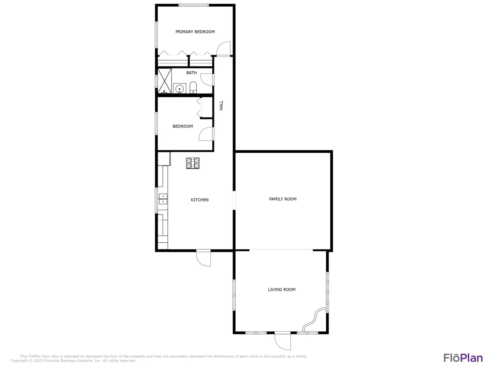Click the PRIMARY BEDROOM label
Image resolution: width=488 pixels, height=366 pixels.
[x=195, y=32]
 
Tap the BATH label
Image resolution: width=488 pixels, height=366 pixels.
[x=191, y=73]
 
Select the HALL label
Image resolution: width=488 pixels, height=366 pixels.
[x=221, y=105]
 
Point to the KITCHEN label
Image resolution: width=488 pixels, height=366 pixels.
[x=200, y=200]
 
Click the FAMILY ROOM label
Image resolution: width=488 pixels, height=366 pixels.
[x=283, y=199]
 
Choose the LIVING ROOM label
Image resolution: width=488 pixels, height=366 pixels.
[x=282, y=289]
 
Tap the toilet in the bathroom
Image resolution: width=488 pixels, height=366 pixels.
[x=193, y=87]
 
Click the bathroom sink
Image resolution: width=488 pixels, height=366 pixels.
[x=179, y=88]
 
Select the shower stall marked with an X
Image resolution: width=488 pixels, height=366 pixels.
[x=164, y=81]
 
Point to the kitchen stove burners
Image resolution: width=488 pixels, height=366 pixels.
[x=192, y=163]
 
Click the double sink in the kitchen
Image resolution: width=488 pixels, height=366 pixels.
[x=163, y=199]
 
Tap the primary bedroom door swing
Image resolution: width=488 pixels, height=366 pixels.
[x=223, y=49]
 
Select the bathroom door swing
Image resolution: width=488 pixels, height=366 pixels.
[x=207, y=80]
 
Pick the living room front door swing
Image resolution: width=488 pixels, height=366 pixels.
[x=283, y=341]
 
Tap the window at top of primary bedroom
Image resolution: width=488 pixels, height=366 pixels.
[x=194, y=5]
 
